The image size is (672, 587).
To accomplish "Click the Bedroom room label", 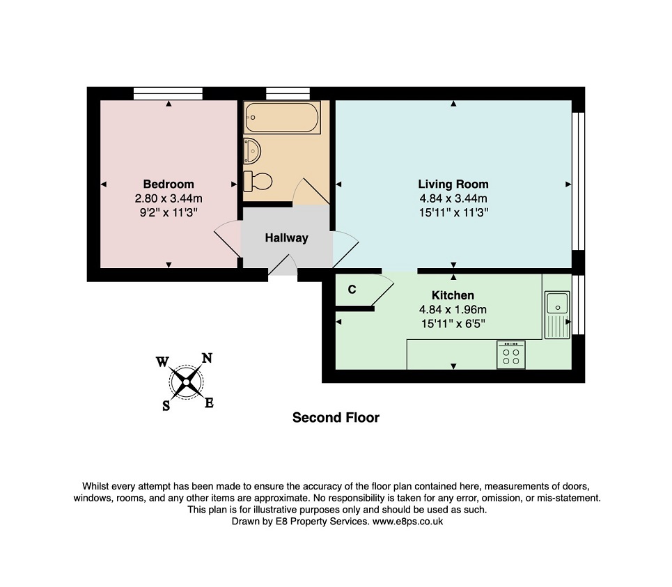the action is click(x=169, y=185).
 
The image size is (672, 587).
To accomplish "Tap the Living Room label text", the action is click(x=453, y=185).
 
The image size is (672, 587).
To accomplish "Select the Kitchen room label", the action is click(x=453, y=295).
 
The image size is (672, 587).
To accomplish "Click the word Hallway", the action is click(x=286, y=238).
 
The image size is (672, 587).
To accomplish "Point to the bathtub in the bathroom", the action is click(x=282, y=118).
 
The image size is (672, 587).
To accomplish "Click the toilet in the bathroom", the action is click(x=258, y=181).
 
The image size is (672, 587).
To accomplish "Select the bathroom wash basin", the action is click(x=252, y=151).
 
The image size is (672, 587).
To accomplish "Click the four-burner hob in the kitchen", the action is click(x=511, y=354).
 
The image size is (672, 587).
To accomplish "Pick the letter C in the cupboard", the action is click(x=352, y=290).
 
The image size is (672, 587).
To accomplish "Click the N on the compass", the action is click(x=207, y=358).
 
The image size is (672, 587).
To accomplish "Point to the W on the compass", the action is click(x=162, y=362).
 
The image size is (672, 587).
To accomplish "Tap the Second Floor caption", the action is click(x=336, y=417).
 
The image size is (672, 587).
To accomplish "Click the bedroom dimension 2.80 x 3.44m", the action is click(x=169, y=198).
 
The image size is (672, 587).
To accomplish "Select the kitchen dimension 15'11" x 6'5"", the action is click(x=453, y=324).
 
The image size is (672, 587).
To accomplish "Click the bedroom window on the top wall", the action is click(x=168, y=93).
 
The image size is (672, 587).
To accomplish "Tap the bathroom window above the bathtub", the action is click(x=288, y=93).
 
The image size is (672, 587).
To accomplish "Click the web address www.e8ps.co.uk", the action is click(x=407, y=522).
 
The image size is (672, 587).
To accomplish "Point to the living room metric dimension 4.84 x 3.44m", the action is click(x=453, y=198).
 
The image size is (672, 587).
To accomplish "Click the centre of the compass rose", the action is click(x=186, y=382).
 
